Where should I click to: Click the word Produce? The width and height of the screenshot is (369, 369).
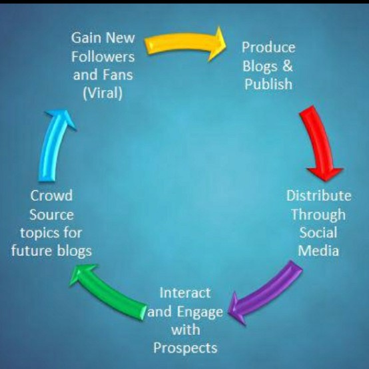coord(268,47)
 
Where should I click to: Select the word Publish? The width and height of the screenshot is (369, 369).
coord(268,85)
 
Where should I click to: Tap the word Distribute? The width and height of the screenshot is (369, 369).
coord(318,196)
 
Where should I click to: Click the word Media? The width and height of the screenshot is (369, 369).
coord(318,251)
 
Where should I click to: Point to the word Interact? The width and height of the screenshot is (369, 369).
coord(185,292)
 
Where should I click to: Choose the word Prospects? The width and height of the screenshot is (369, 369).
coord(185,348)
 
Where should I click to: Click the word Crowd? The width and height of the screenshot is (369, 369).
coord(51,196)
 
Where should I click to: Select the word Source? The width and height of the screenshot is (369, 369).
coord(51,215)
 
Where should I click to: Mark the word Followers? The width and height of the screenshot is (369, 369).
coord(103,56)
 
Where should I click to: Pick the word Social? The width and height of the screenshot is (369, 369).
coord(318,233)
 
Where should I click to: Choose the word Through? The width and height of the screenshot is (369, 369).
coord(318,214)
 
